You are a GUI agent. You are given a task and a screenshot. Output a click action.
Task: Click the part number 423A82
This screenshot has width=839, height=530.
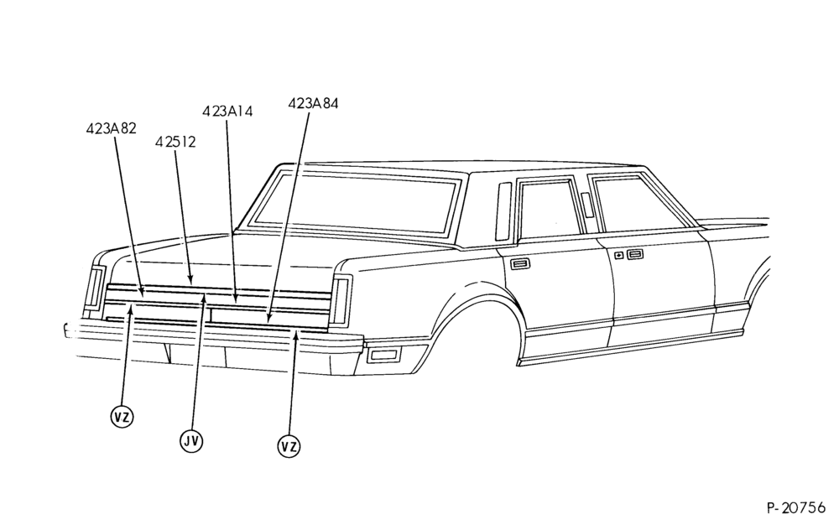pos(111,128)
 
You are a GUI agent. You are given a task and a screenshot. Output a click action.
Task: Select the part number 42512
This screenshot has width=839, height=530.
pos(175,143)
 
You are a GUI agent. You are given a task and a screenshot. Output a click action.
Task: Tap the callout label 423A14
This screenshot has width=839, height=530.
pos(227,112)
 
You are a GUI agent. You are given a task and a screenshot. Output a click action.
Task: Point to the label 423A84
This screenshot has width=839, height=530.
pos(313,103)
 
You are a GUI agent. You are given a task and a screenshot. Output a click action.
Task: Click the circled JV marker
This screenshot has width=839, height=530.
pos(191,440)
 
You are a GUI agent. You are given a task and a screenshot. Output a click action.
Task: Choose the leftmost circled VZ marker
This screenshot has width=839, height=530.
pos(122,417)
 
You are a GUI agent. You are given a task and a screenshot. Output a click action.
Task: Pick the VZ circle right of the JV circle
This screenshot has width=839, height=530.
pos(289,446)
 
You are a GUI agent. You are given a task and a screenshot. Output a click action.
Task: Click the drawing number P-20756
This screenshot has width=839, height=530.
pos(795,507)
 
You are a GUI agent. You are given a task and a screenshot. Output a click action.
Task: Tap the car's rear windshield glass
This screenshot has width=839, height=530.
pos(356,202)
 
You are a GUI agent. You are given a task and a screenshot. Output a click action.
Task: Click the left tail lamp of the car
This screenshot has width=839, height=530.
pos(96,288)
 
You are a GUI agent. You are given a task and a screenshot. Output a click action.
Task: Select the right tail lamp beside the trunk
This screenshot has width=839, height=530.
pos(340,300)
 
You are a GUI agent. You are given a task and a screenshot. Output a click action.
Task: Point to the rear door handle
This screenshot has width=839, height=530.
pos(519,263)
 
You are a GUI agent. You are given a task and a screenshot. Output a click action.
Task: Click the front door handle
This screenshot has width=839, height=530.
pos(635,255)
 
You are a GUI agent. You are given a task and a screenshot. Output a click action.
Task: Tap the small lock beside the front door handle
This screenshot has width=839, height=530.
pos(618,256)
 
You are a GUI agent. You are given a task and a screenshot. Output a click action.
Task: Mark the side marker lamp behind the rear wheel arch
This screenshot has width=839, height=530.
pos(386,354)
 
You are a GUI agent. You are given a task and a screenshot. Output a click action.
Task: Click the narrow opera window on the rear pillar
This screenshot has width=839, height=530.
pos(503,211)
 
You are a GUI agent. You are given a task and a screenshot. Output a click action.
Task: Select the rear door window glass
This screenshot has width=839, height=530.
pos(550,210)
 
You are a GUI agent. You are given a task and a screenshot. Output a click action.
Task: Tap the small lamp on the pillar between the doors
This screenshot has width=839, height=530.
pos(587,205)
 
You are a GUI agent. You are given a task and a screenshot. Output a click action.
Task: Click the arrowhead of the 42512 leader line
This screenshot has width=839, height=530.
pos(191,279)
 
